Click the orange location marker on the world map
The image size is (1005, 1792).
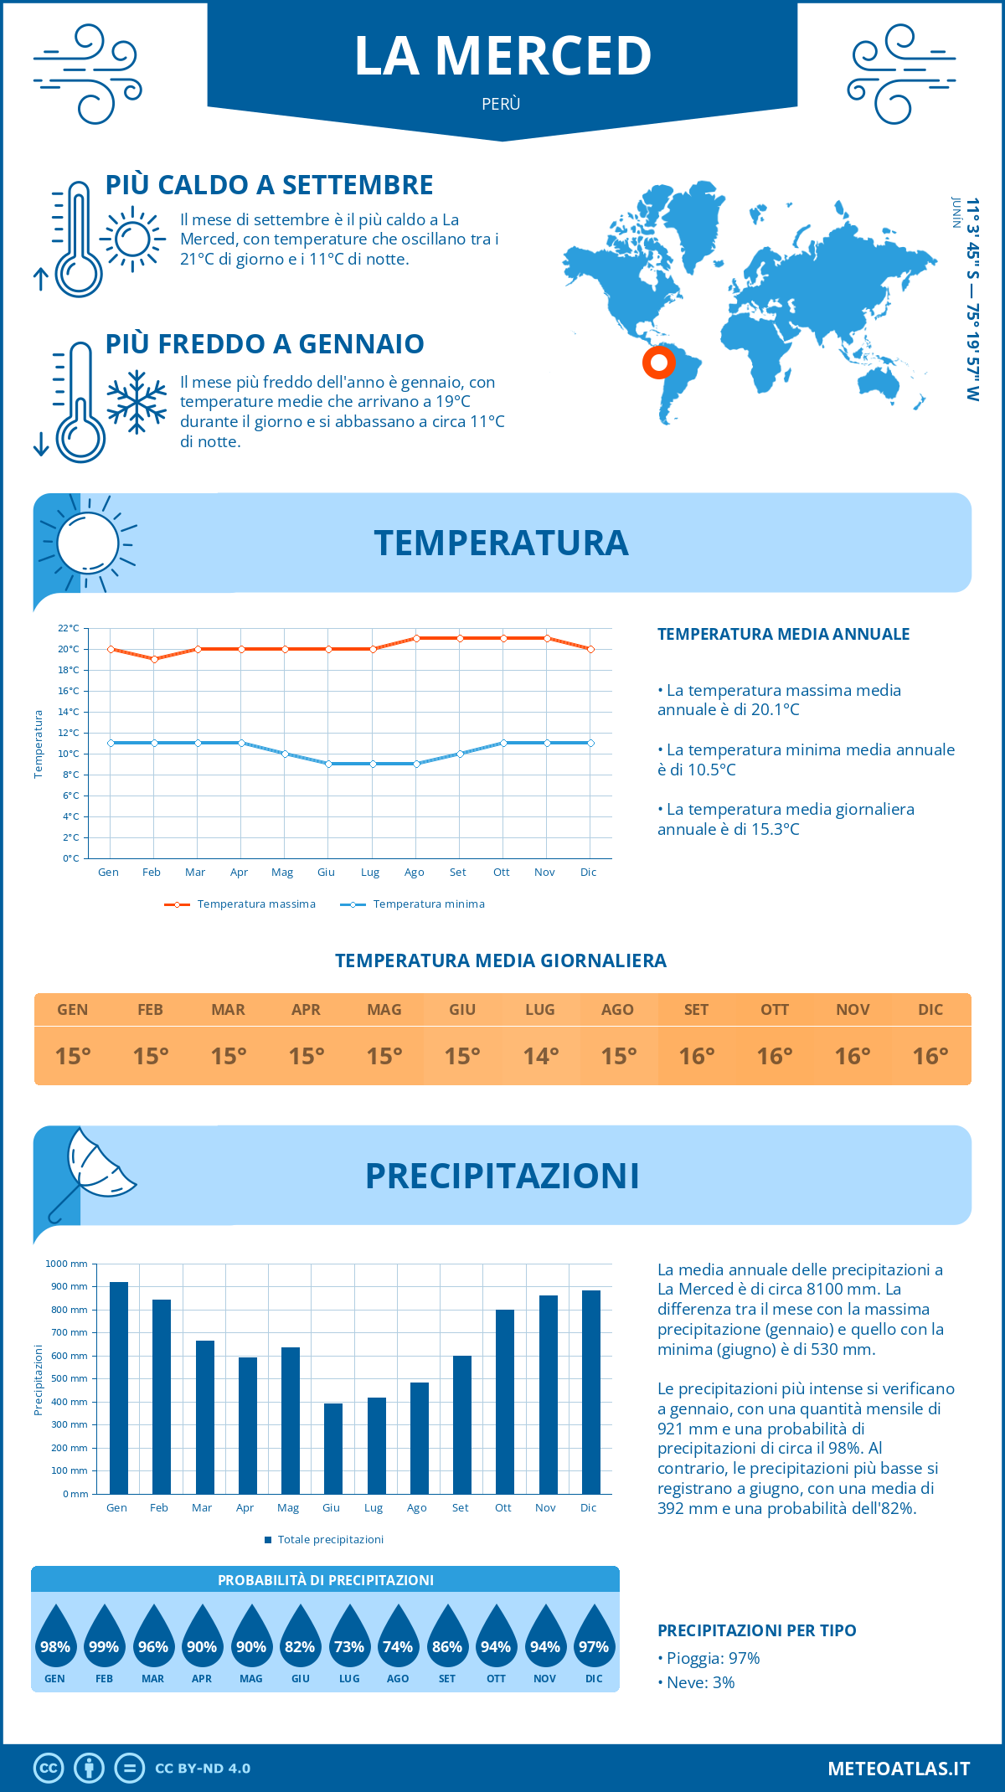pos(659,363)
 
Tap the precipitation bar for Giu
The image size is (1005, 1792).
pos(333,1449)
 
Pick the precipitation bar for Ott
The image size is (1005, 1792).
pos(505,1402)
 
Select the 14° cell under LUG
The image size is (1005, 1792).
pos(541,1056)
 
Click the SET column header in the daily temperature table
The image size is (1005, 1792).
pos(697,1010)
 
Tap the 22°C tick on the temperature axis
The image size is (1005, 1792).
pos(69,628)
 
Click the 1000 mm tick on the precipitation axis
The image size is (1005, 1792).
pos(66,1264)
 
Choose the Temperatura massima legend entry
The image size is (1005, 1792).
pos(241,904)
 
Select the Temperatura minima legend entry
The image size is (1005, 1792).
pos(414,904)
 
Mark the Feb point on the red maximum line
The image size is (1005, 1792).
pos(154,659)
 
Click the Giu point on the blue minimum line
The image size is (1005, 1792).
pos(329,764)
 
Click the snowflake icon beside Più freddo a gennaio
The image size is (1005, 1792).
pos(137,402)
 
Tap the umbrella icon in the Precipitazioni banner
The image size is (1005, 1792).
pos(93,1169)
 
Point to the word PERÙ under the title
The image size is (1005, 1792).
pos(502,104)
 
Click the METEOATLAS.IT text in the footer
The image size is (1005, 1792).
pos(899,1769)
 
